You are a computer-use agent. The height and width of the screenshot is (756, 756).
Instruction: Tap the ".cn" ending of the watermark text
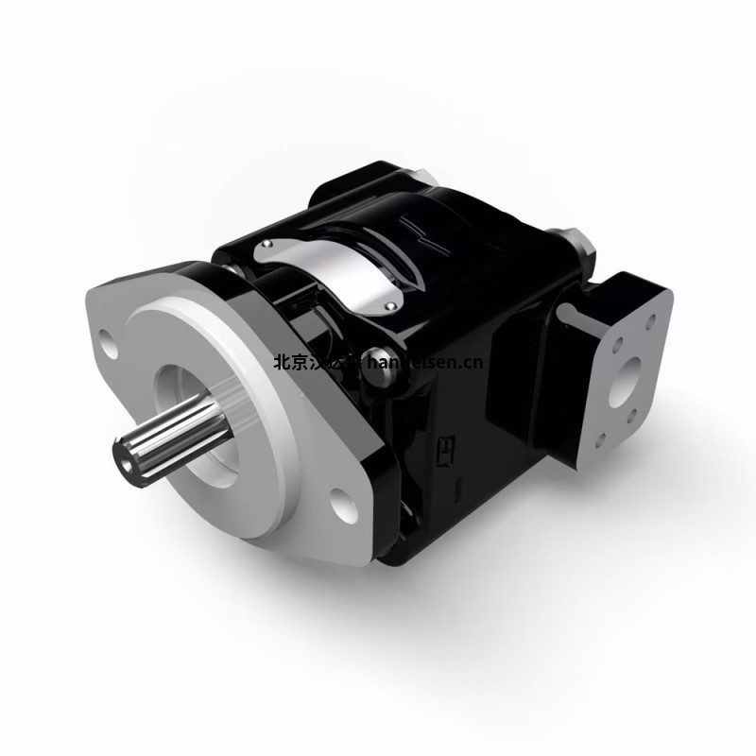[x=472, y=361]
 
